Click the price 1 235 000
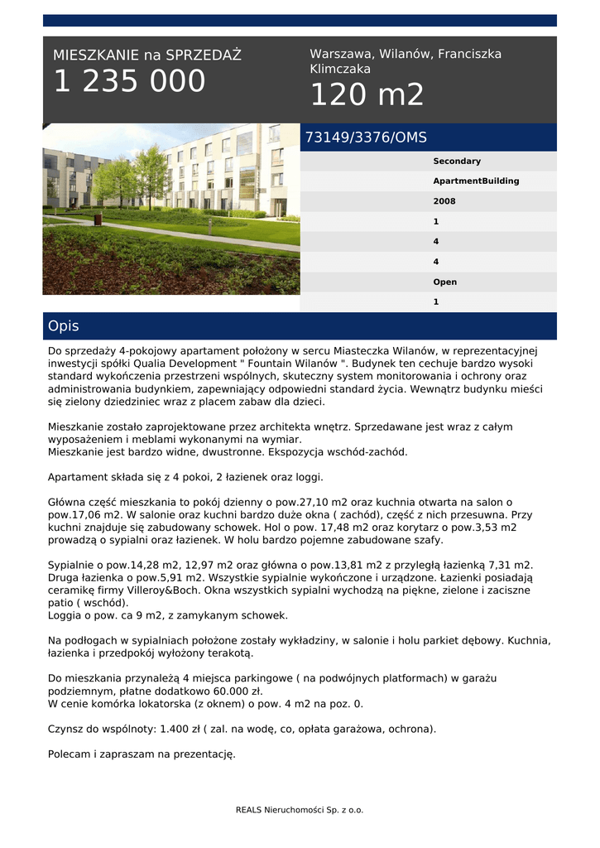pos(129,82)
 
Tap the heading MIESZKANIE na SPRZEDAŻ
pos(147,55)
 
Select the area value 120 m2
pos(367,95)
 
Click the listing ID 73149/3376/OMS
pos(366,137)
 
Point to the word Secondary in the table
pos(457,161)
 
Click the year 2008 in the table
pos(444,201)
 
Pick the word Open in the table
pos(444,282)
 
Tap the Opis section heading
pos(64,326)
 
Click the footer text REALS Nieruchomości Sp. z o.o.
pos(300,810)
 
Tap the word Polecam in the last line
pos(69,754)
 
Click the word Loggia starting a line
pos(66,615)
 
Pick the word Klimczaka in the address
pos(340,70)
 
